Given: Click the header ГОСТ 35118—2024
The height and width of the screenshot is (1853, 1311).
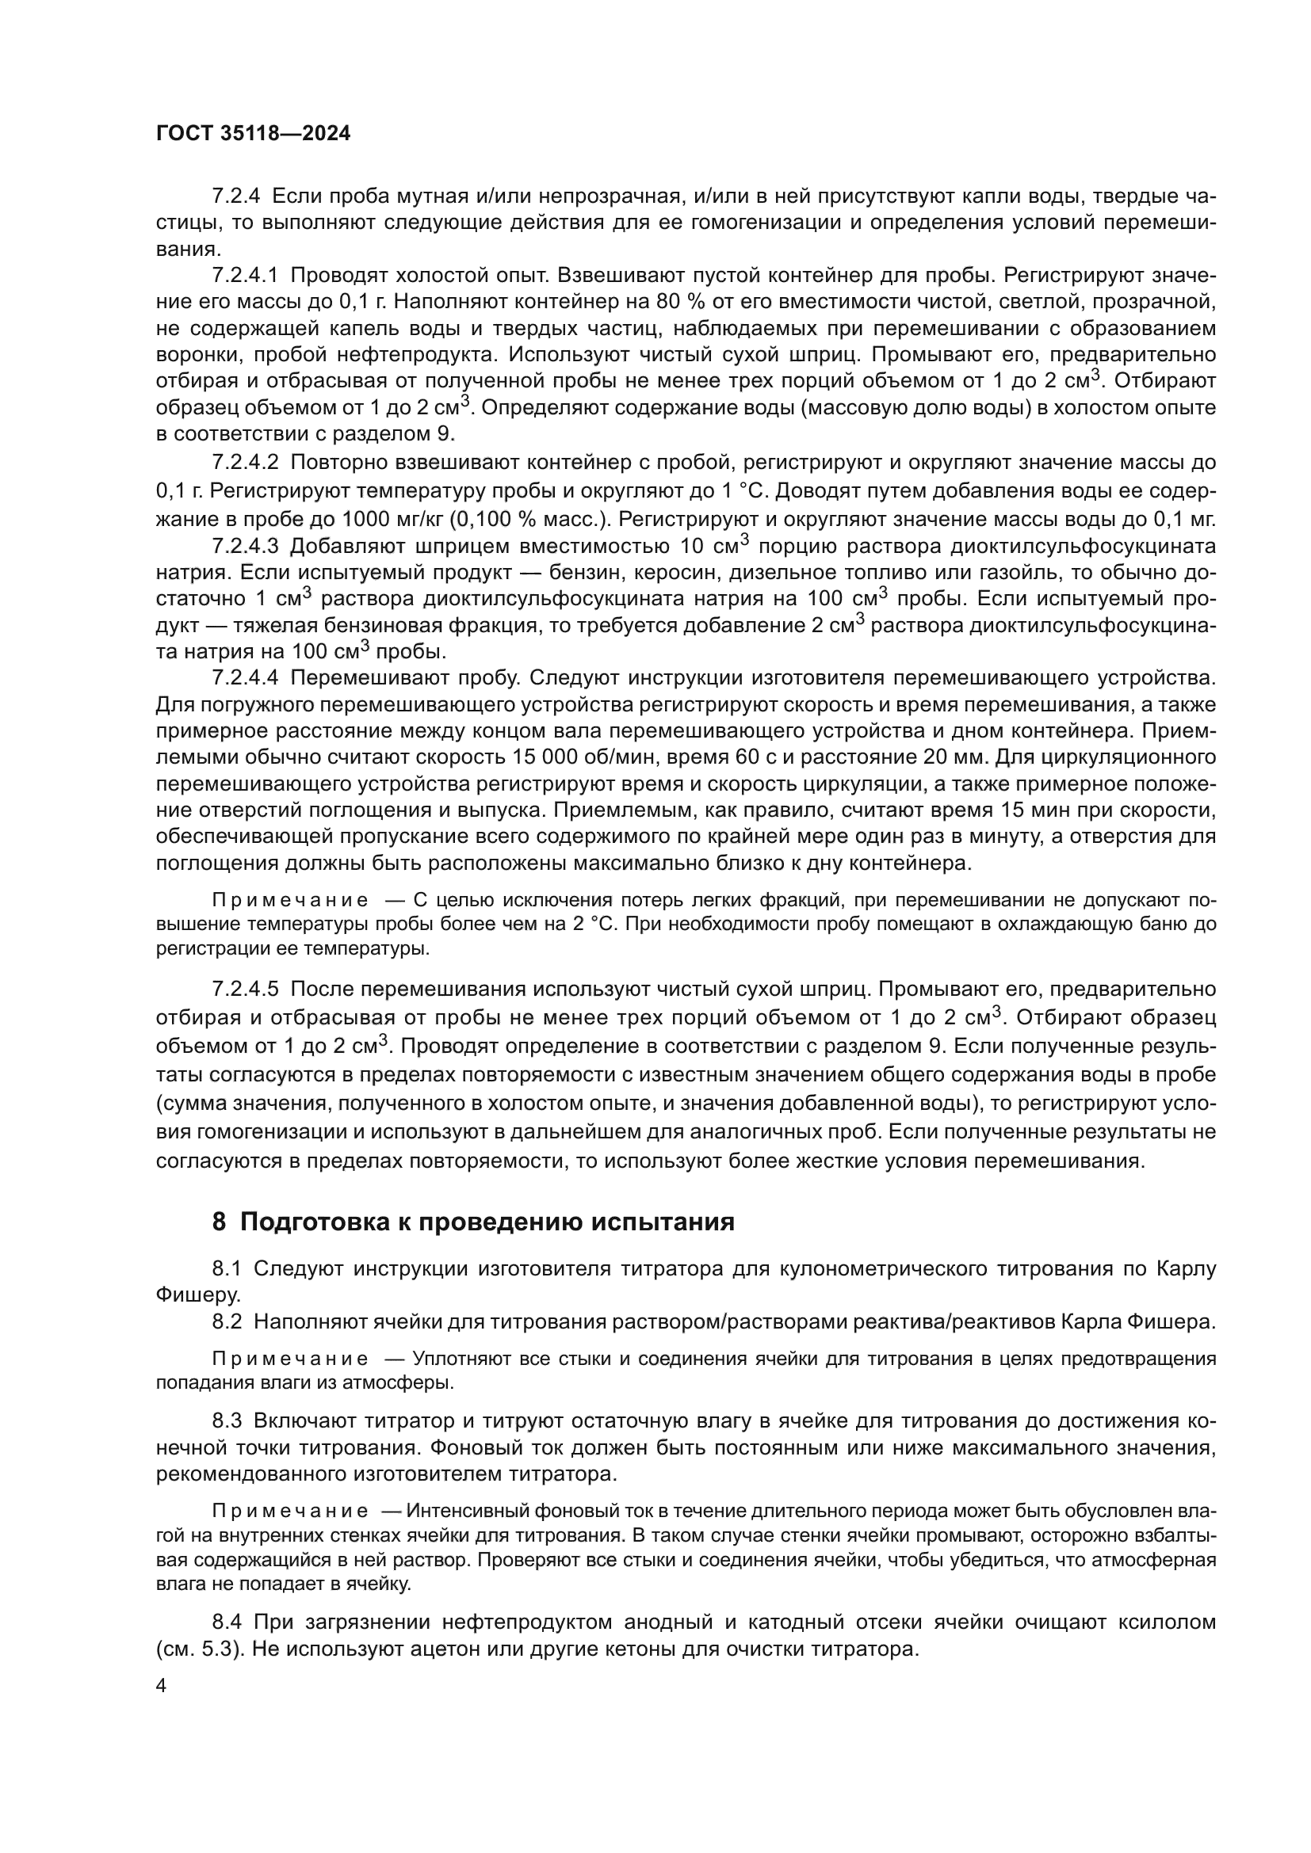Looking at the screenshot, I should click(253, 134).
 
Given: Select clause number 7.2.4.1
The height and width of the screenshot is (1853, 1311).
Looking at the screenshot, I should click(245, 275).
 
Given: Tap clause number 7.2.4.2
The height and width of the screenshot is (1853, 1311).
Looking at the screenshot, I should click(245, 463).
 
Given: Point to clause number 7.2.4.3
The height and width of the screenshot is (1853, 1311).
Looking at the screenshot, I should click(245, 547).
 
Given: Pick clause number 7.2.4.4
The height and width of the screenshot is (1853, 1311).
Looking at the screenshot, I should click(245, 677).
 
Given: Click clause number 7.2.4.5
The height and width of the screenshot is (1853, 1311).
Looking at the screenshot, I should click(245, 989).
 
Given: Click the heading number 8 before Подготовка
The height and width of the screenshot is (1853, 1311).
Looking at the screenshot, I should click(219, 1222).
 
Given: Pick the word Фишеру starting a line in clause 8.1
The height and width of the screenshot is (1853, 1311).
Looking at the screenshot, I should click(197, 1295).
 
